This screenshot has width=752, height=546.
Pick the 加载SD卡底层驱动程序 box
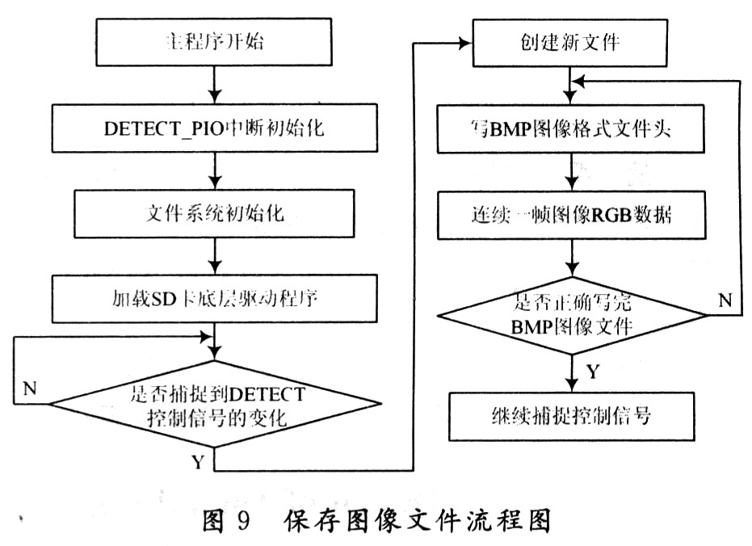(215, 298)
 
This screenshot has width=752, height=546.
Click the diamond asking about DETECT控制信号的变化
(215, 404)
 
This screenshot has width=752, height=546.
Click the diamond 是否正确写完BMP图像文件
(572, 315)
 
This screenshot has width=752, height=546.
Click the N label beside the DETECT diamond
(30, 388)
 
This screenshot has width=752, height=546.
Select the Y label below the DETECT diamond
(197, 462)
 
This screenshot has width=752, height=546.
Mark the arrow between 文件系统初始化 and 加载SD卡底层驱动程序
(215, 256)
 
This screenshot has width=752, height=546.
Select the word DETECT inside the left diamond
(267, 395)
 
